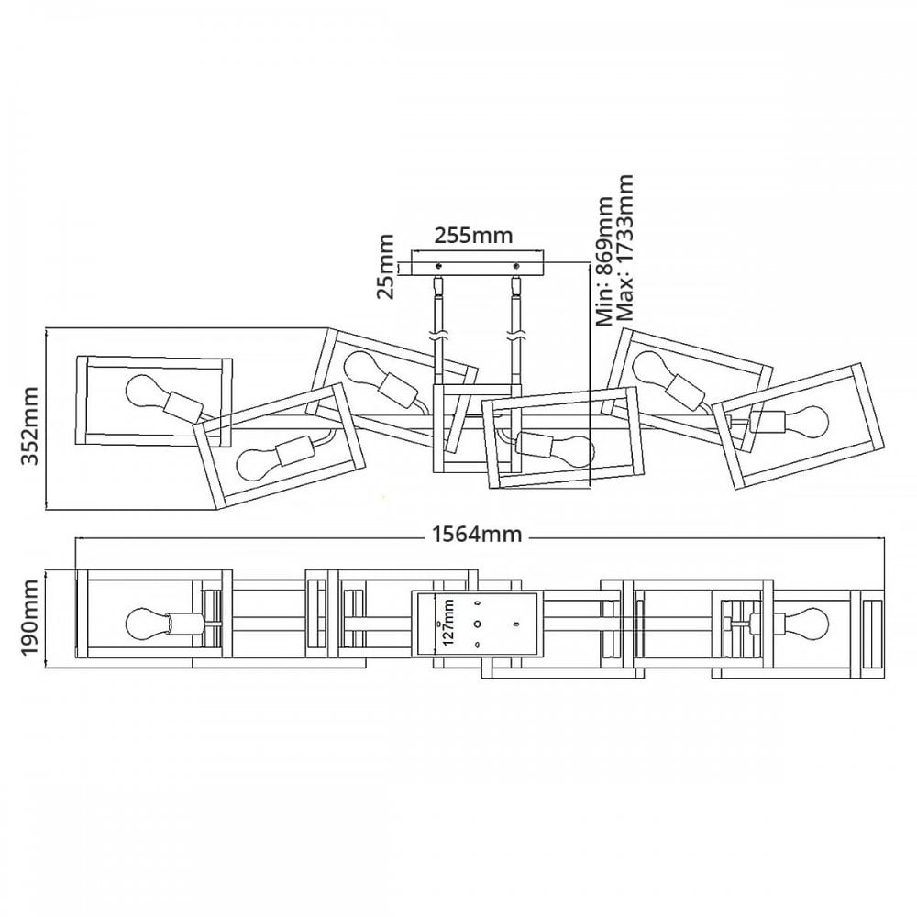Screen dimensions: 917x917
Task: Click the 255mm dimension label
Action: click(x=473, y=235)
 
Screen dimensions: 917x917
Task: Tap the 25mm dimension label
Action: click(x=386, y=267)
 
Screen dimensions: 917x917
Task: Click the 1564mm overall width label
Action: click(x=477, y=534)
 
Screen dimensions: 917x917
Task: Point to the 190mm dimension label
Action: click(x=29, y=619)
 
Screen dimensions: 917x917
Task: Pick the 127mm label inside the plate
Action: click(x=448, y=622)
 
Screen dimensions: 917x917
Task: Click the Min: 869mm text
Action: click(x=604, y=260)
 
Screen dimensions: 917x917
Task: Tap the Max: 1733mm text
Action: click(x=624, y=248)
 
